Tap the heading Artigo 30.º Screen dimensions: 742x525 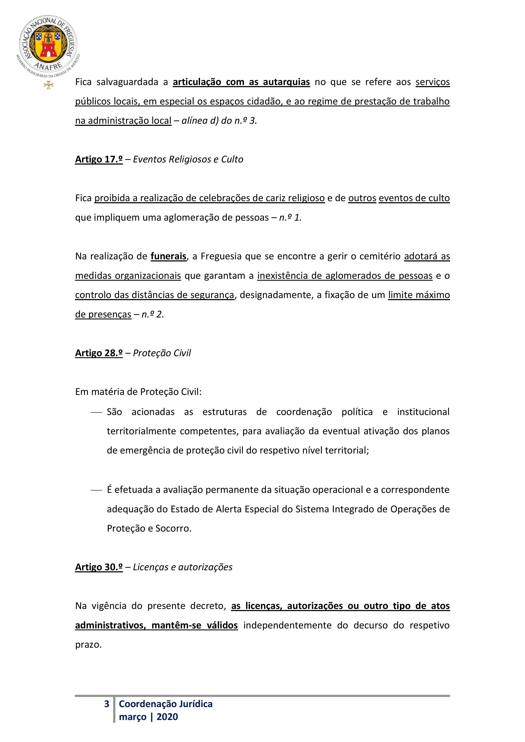99,567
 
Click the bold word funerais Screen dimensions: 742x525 168,256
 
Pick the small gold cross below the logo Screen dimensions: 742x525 48,85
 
